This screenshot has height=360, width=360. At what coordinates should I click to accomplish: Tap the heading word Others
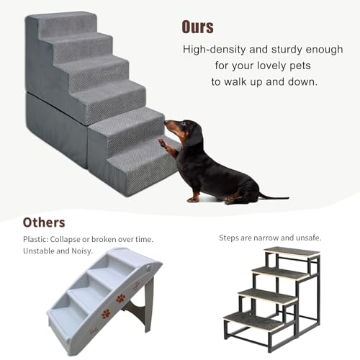(x=44, y=222)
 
